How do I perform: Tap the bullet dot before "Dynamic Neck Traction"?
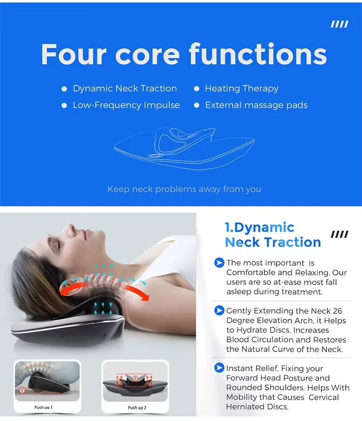64,89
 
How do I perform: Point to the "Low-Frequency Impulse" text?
126,105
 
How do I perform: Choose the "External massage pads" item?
256,105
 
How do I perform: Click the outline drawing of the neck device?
184,148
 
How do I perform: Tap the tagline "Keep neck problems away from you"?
184,190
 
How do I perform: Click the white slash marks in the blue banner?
339,24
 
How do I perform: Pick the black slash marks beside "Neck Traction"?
339,234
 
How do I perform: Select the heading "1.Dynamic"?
260,228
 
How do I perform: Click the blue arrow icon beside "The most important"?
219,263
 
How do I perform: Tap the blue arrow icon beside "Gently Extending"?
219,311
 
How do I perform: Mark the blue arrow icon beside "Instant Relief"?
219,367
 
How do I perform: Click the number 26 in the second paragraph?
337,311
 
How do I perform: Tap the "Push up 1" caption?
43,407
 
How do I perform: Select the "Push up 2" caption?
137,407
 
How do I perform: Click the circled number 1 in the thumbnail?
22,391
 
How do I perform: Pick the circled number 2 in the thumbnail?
135,378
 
